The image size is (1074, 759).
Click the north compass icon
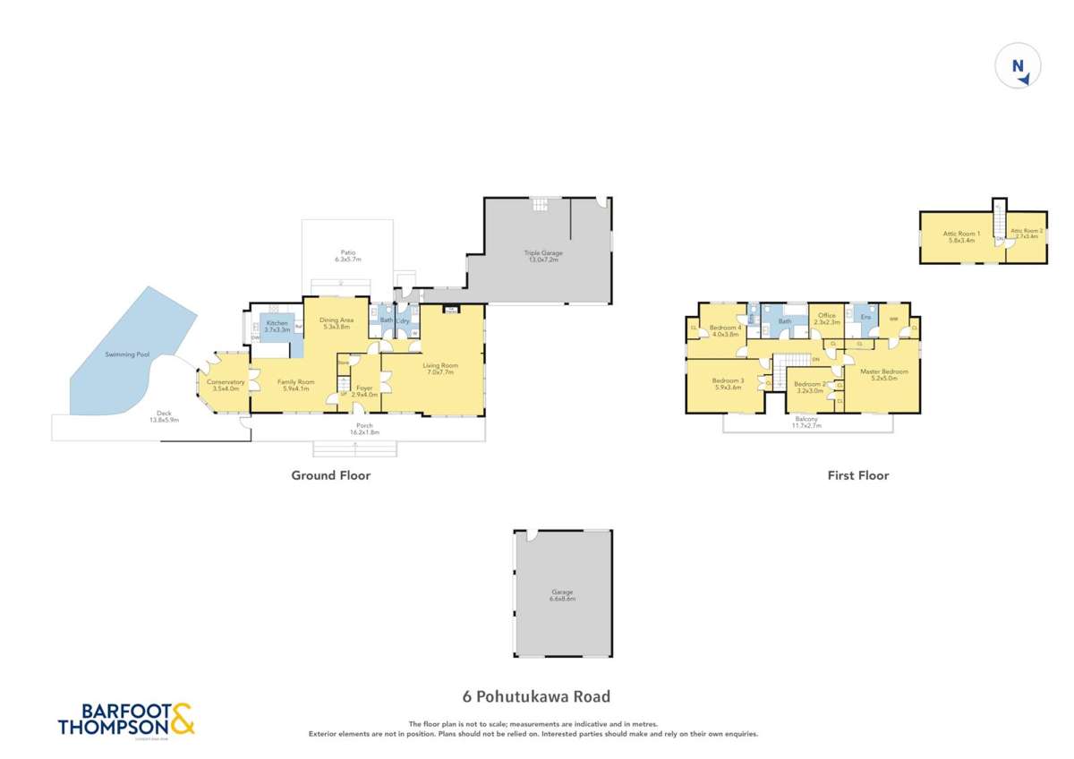(1019, 67)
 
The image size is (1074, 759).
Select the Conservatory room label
(225, 386)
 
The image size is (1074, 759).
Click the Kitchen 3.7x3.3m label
(276, 326)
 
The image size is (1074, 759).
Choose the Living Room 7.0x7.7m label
(440, 368)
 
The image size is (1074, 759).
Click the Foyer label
(364, 391)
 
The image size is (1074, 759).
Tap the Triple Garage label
(543, 256)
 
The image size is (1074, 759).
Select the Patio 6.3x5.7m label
(347, 255)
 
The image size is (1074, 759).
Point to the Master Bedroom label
(883, 374)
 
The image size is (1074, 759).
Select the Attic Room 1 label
(962, 236)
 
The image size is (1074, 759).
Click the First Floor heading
(857, 475)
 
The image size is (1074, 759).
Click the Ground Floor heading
(330, 475)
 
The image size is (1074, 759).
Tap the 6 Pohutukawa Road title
(536, 695)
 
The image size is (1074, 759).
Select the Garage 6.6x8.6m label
(562, 595)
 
